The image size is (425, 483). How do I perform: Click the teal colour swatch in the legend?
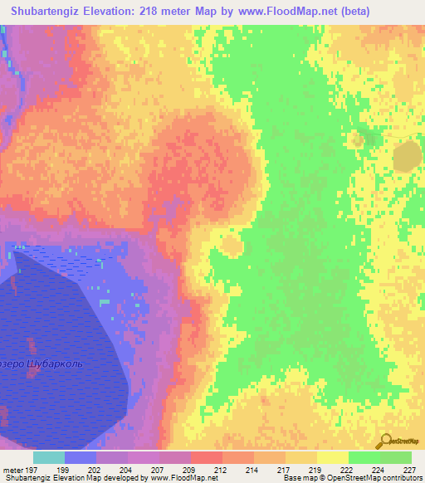(x=49, y=457)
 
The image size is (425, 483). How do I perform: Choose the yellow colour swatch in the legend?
(x=332, y=457)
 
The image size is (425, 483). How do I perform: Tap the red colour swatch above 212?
(x=206, y=457)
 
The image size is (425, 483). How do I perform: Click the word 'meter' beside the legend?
(x=16, y=469)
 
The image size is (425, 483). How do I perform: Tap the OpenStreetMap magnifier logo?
(x=385, y=440)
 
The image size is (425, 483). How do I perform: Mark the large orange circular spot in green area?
(x=407, y=155)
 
